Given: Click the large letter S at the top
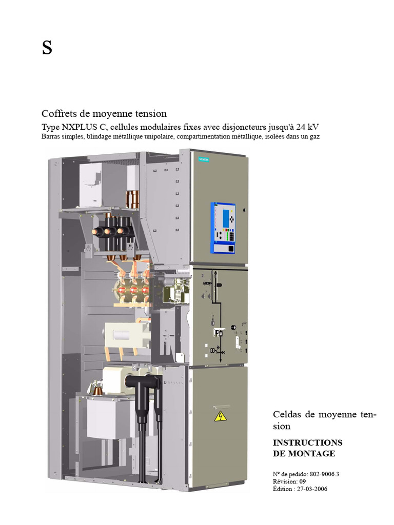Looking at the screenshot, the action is (47, 49).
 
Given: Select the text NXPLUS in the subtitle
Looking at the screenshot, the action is (82, 127).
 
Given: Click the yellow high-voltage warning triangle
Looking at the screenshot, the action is (220, 415).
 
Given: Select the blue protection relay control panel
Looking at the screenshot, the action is (223, 228).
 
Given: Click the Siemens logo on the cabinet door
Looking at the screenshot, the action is (204, 160).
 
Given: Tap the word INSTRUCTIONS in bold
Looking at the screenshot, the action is (307, 442).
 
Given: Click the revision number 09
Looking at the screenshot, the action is (302, 481).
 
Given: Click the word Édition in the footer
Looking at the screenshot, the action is (283, 489).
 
